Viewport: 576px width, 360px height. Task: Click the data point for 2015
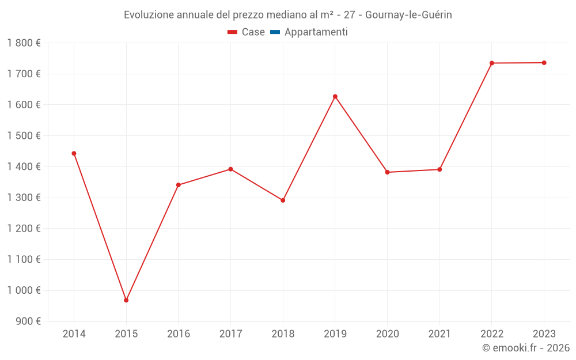(126, 300)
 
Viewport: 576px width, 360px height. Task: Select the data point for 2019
(335, 96)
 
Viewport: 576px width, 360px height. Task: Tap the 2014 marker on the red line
(74, 153)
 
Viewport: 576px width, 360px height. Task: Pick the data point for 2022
(492, 63)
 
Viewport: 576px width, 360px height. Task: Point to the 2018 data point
(283, 200)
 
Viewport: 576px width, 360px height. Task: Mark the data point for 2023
(544, 63)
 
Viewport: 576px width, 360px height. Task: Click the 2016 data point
(179, 185)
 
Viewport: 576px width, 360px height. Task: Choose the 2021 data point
(439, 169)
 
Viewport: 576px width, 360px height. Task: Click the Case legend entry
(247, 32)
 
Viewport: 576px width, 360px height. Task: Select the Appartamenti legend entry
(309, 32)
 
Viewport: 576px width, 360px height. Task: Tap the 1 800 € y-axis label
(24, 43)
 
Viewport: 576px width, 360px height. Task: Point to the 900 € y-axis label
(28, 321)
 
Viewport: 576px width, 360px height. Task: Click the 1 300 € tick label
(24, 198)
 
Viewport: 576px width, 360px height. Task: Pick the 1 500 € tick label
(24, 135)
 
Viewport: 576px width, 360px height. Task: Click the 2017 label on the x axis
(230, 334)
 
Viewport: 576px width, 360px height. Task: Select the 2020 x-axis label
(387, 334)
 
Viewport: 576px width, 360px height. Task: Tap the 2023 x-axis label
(544, 334)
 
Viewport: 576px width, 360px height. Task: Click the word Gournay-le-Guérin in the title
(408, 15)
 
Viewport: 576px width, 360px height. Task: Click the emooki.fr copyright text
(526, 348)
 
